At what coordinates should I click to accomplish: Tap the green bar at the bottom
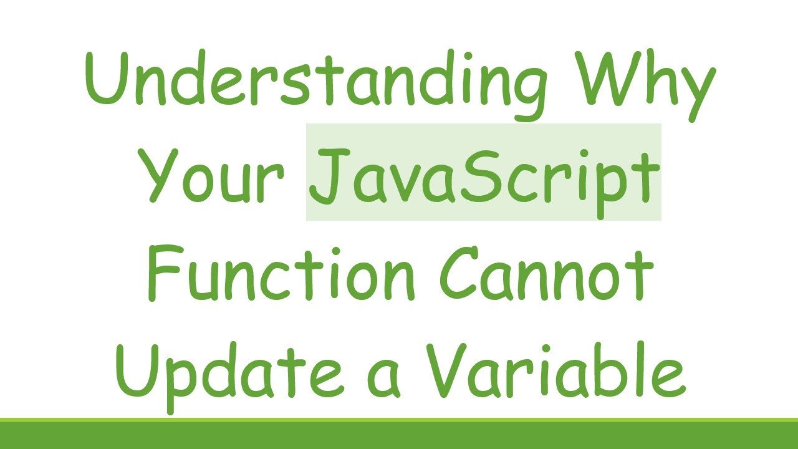click(x=399, y=434)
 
